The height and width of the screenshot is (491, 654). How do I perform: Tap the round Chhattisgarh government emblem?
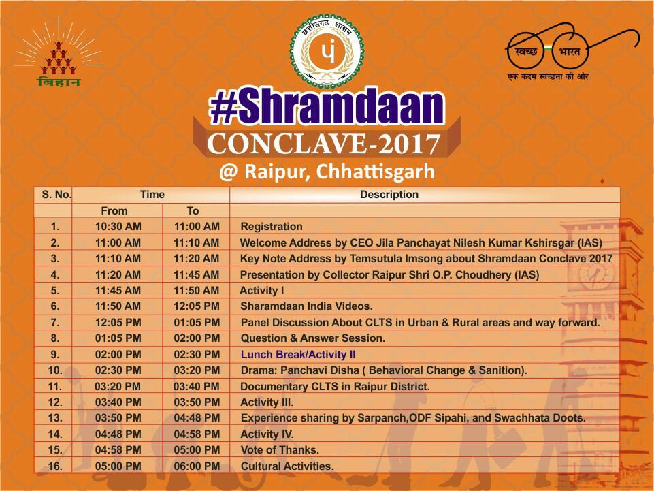pyautogui.click(x=327, y=51)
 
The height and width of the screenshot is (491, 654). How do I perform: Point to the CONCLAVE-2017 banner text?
pyautogui.click(x=324, y=144)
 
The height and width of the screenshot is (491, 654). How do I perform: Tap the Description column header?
pyautogui.click(x=389, y=195)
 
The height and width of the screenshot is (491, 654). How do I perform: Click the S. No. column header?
pyautogui.click(x=56, y=195)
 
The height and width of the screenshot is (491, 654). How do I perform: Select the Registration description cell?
pyautogui.click(x=272, y=227)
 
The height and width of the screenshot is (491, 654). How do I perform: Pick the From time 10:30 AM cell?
pyautogui.click(x=118, y=227)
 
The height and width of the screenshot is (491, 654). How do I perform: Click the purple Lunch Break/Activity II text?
pyautogui.click(x=298, y=355)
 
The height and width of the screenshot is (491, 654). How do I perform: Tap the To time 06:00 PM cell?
pyautogui.click(x=197, y=466)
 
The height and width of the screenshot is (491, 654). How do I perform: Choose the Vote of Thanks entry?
pyautogui.click(x=280, y=450)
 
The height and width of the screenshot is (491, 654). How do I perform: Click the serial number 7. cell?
pyautogui.click(x=55, y=322)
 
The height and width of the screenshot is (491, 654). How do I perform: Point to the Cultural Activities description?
pyautogui.click(x=287, y=466)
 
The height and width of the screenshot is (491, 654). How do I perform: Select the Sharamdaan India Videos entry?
pyautogui.click(x=306, y=306)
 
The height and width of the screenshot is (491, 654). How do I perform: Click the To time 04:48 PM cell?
pyautogui.click(x=197, y=418)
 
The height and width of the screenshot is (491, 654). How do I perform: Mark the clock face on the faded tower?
pyautogui.click(x=597, y=276)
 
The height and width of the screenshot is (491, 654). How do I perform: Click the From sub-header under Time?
pyautogui.click(x=114, y=211)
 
